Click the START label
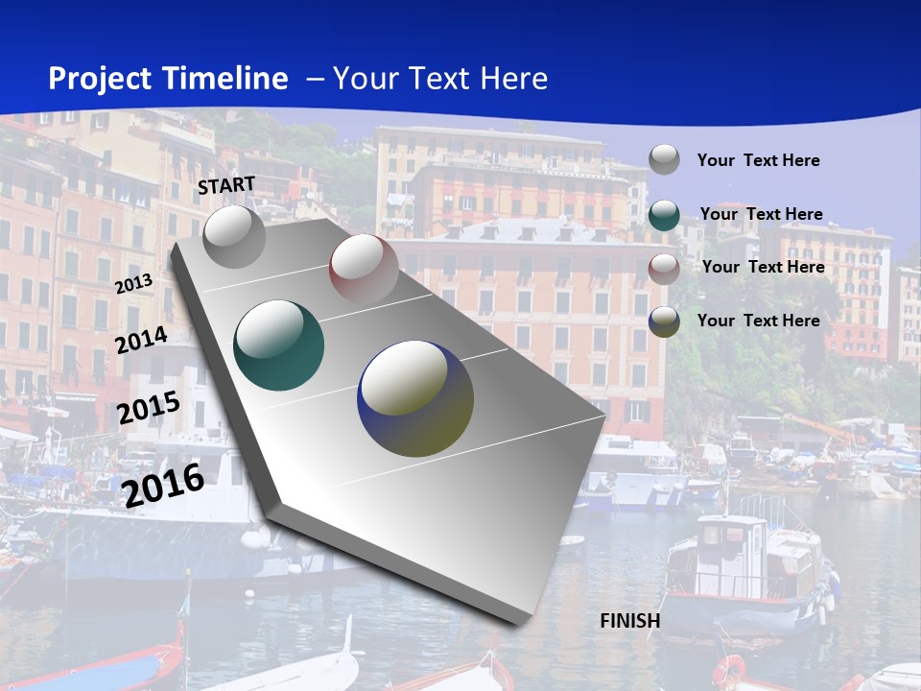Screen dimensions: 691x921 tap(226, 184)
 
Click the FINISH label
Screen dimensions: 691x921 tap(630, 621)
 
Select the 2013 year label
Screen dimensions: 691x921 tap(133, 284)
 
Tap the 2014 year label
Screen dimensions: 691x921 tap(141, 341)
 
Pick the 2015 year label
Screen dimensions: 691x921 tap(148, 408)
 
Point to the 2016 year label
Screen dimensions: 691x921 tap(163, 485)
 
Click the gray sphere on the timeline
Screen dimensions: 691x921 tap(235, 236)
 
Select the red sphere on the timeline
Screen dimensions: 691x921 tap(364, 268)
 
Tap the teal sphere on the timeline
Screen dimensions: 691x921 tap(279, 345)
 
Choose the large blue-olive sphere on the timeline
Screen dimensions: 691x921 tap(415, 397)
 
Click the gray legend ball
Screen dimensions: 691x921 tap(664, 159)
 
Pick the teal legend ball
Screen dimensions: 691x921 tap(664, 215)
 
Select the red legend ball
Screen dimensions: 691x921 tap(664, 268)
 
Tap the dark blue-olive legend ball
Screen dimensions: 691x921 tap(664, 322)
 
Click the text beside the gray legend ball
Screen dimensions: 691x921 tap(758, 160)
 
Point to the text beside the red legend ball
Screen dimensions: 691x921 tap(763, 267)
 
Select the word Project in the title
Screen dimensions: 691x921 tap(100, 79)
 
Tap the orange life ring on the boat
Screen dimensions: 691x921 tap(729, 669)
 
